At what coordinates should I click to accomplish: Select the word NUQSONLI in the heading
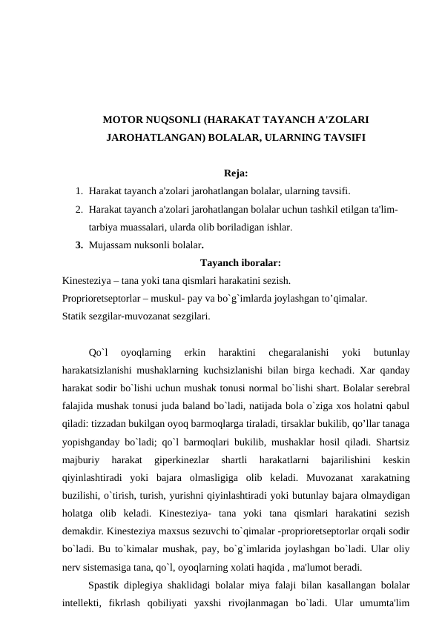(x=171, y=119)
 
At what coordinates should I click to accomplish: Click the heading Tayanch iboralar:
(x=240, y=262)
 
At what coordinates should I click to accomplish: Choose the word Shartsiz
(x=395, y=441)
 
